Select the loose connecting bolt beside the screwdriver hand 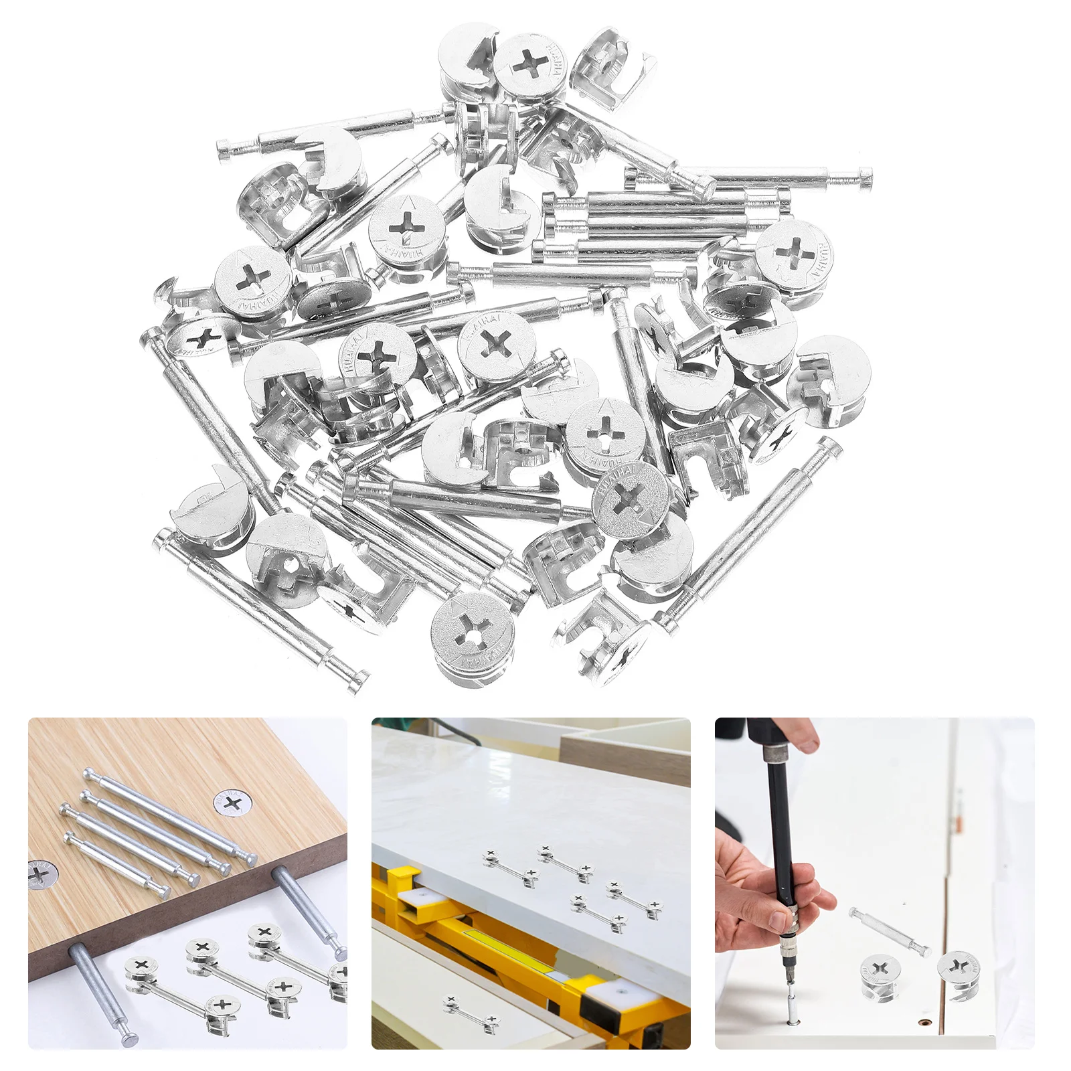point(890,930)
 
